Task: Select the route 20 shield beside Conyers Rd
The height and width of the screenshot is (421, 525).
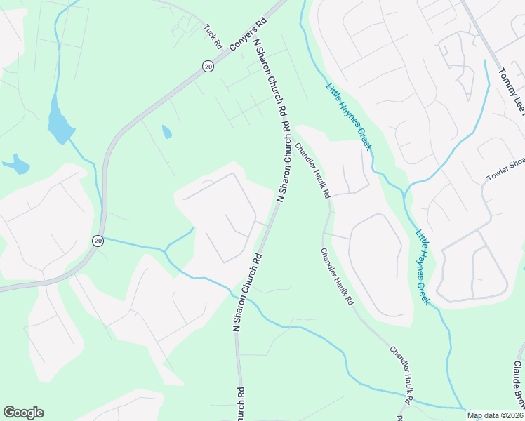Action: coord(208,65)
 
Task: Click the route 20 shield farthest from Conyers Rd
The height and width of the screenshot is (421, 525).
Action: coord(98,241)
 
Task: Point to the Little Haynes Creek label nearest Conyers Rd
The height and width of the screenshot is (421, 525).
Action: coord(348,117)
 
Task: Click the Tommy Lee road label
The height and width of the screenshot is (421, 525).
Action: coord(511,91)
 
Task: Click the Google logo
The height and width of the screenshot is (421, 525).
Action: coord(23,413)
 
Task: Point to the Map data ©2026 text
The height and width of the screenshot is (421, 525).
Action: coord(495,415)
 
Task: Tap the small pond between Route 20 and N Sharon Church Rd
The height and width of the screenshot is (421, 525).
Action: coord(166,131)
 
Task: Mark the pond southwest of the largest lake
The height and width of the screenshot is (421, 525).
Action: coord(17,165)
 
